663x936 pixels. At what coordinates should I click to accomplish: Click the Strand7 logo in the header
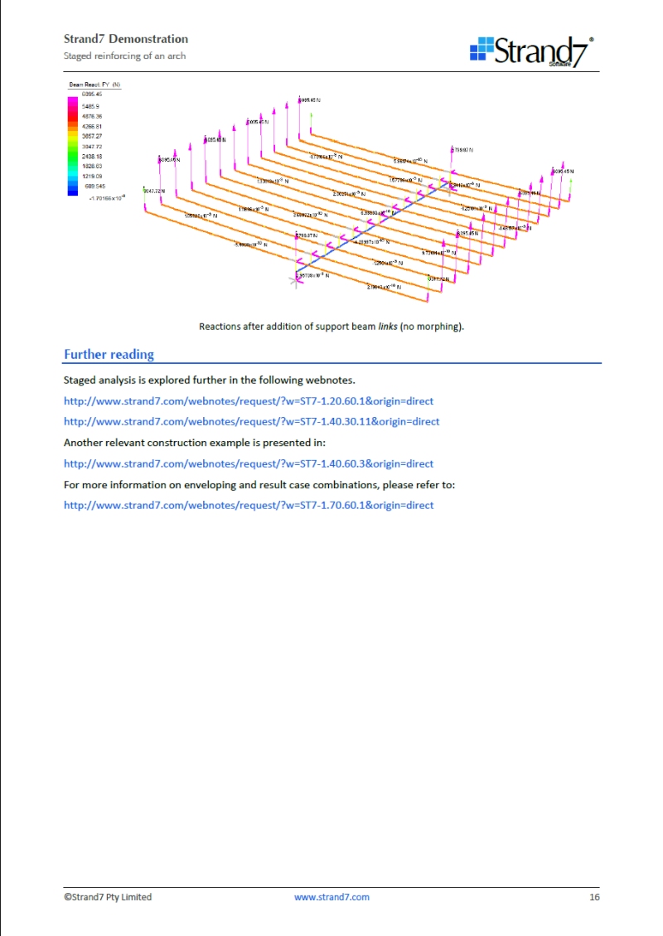point(532,51)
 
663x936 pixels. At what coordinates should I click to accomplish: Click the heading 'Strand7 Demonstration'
point(126,39)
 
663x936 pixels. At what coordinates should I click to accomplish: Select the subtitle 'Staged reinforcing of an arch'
point(124,56)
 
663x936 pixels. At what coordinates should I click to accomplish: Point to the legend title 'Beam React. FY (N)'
point(94,85)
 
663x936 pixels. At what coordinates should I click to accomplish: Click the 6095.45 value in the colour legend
point(91,95)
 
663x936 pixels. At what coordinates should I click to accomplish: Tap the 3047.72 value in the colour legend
point(91,146)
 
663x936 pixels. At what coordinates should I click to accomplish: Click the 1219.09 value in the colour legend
point(91,176)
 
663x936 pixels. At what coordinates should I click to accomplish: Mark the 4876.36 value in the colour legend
point(91,116)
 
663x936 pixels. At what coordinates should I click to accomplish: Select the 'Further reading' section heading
point(109,355)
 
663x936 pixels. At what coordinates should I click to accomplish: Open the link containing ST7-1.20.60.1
point(249,401)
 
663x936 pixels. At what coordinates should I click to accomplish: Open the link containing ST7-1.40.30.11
point(251,421)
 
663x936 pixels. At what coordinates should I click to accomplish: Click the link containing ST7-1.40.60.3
point(249,463)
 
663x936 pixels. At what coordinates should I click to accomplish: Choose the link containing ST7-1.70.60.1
point(249,505)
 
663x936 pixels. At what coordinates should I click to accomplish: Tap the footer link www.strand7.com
point(331,897)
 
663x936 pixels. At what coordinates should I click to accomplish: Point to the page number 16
point(594,897)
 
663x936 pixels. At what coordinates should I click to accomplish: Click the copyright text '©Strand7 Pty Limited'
point(108,897)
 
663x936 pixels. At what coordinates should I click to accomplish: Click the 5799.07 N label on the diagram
point(462,150)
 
